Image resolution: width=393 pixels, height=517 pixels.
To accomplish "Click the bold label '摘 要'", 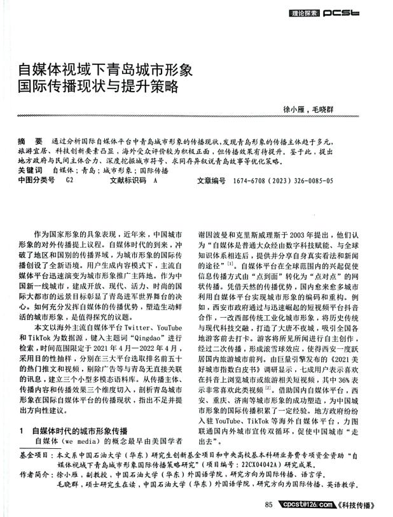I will pos(31,138).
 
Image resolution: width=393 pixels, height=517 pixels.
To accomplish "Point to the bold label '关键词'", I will pos(29,171).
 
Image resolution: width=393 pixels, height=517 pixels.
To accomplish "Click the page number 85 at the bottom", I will pos(268,506).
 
